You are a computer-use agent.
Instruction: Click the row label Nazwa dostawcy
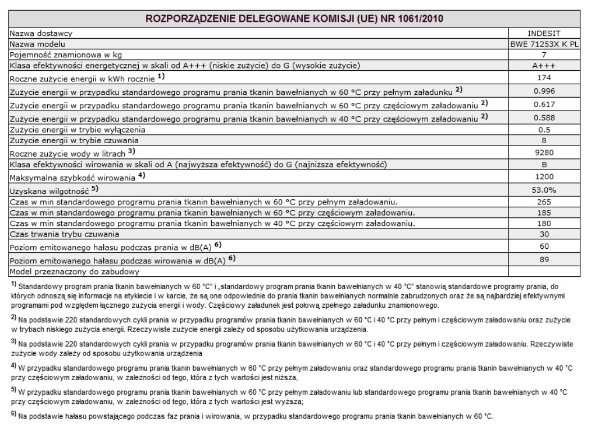pyautogui.click(x=38, y=33)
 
